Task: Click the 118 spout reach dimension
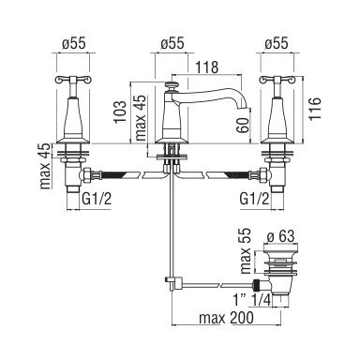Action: coord(206,67)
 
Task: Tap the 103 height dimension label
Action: coord(121,112)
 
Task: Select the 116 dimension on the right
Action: coord(315,109)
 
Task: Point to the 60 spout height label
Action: coord(243,126)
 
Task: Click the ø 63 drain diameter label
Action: coord(280,236)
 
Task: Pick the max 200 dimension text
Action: coord(227,318)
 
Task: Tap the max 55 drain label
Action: coord(246,251)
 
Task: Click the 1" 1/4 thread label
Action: coord(251,300)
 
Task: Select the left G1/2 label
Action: coord(97,199)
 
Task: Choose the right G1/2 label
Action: coord(254,199)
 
